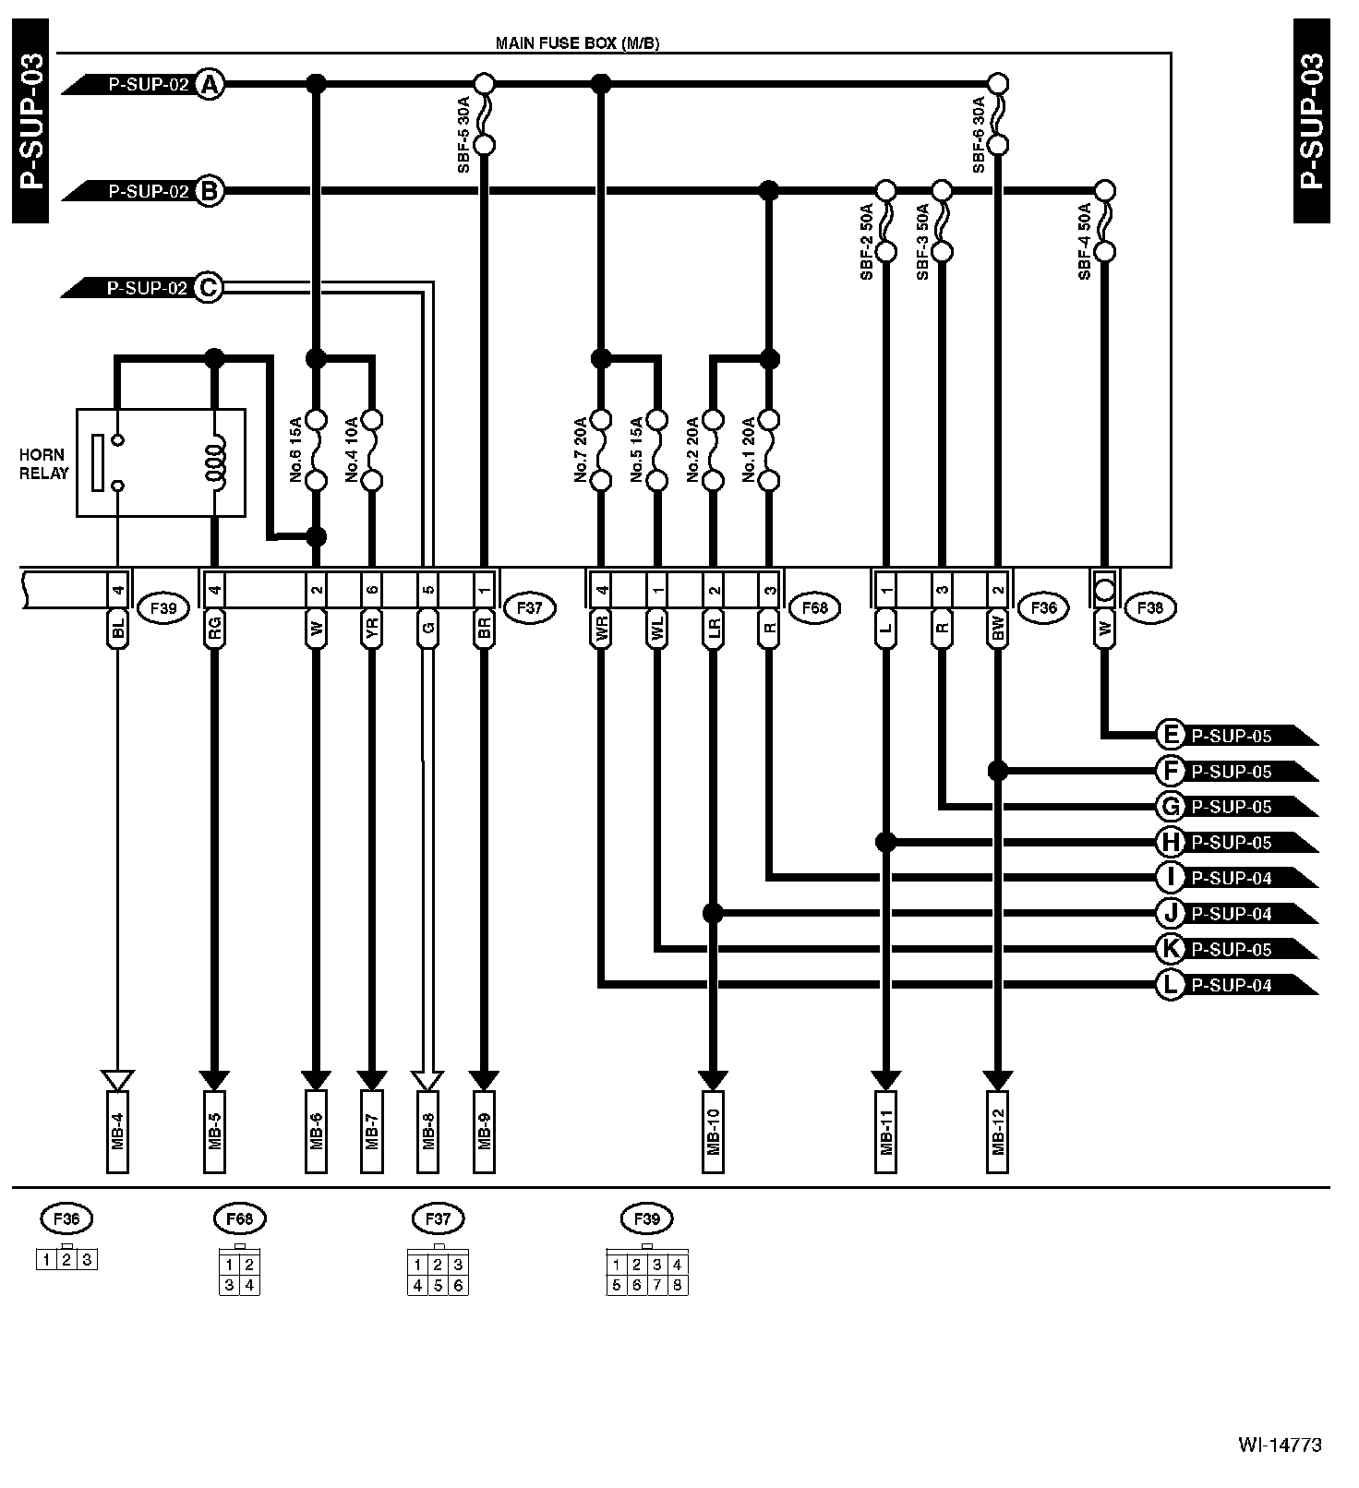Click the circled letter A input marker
[210, 85]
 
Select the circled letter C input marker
[210, 288]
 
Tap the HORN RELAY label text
[44, 464]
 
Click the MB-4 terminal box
[118, 1132]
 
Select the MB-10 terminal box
[712, 1132]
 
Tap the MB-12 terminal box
[997, 1132]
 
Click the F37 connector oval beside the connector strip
[529, 608]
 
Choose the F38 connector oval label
[1150, 608]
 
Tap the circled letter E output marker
[1170, 736]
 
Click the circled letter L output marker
[1170, 985]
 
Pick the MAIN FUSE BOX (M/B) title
[577, 43]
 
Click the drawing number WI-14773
[1280, 1445]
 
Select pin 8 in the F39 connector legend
[677, 1285]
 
